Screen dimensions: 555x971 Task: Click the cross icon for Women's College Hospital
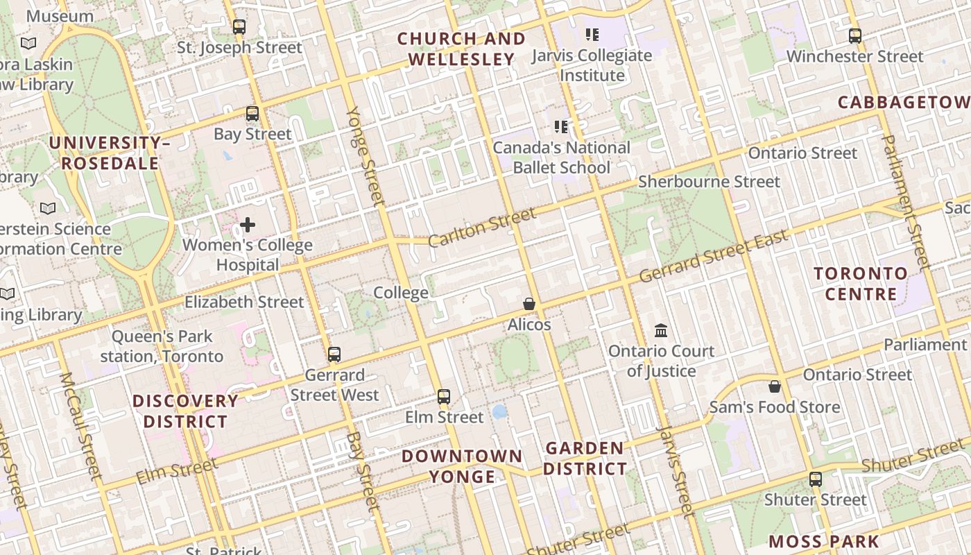(248, 225)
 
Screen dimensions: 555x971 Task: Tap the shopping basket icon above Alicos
(529, 304)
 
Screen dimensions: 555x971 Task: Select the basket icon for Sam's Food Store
(774, 386)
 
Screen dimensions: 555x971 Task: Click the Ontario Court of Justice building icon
(661, 330)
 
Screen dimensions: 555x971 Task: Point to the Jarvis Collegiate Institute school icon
(592, 34)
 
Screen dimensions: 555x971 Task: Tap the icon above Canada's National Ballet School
(561, 127)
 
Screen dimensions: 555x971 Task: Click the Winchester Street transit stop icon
(855, 36)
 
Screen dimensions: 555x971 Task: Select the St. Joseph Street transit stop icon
(239, 27)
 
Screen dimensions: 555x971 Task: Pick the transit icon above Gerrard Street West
(334, 355)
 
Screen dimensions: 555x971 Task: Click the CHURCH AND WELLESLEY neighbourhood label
(461, 49)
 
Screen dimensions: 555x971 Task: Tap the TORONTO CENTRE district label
(861, 284)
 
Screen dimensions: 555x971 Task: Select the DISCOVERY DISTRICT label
(185, 411)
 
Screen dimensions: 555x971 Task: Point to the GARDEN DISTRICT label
(585, 459)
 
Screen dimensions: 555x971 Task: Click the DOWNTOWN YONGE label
(462, 466)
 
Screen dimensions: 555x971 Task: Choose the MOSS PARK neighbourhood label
(824, 542)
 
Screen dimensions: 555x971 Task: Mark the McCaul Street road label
(81, 426)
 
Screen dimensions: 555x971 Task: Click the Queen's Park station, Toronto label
(162, 346)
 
